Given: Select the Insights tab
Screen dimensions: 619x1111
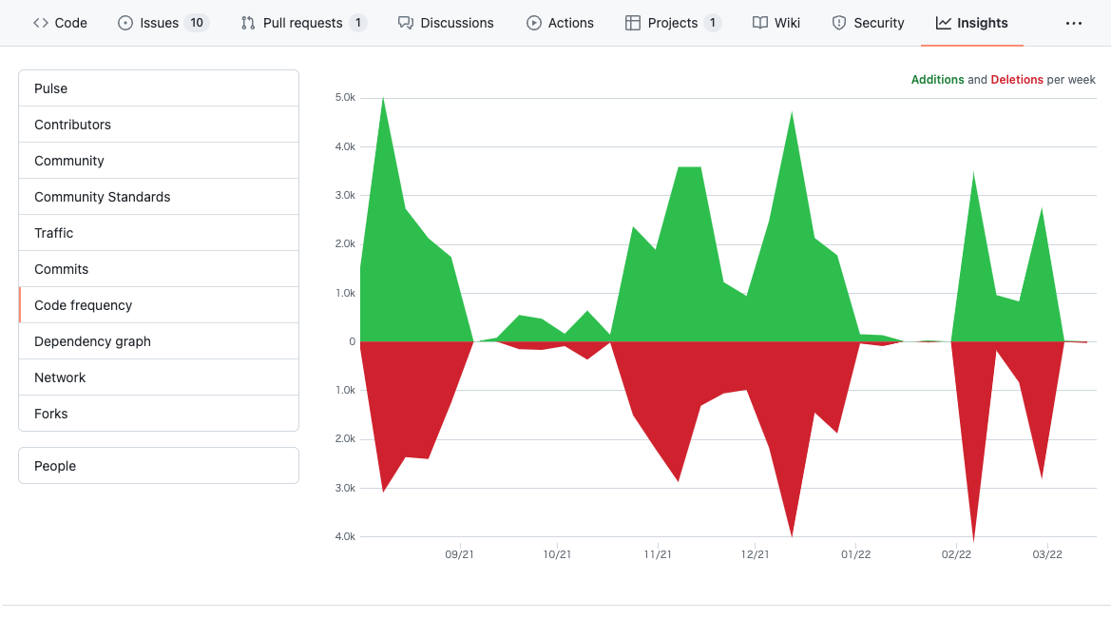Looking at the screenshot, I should pyautogui.click(x=971, y=23).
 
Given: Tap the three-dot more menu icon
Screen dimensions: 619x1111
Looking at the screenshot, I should pyautogui.click(x=1074, y=23).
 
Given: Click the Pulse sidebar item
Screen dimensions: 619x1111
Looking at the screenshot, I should pyautogui.click(x=51, y=88).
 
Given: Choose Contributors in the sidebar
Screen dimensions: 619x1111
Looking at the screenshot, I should pyautogui.click(x=72, y=125).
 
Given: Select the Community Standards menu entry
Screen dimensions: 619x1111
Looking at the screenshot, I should pyautogui.click(x=102, y=197).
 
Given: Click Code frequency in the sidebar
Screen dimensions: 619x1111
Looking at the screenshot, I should pyautogui.click(x=83, y=305).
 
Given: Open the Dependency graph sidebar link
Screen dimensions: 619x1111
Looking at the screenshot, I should pyautogui.click(x=92, y=341).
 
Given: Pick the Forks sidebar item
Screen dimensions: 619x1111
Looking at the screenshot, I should pyautogui.click(x=51, y=414).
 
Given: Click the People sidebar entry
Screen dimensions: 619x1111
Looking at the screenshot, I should pyautogui.click(x=55, y=466).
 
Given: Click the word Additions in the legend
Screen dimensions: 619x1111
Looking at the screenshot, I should pyautogui.click(x=937, y=80).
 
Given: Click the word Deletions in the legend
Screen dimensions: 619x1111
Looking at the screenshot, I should pyautogui.click(x=1017, y=80).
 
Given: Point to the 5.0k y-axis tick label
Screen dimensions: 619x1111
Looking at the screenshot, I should pyautogui.click(x=345, y=98).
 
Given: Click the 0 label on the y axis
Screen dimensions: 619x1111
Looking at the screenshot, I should pyautogui.click(x=352, y=341).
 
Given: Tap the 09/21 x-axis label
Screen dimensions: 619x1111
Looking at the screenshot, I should pyautogui.click(x=459, y=555).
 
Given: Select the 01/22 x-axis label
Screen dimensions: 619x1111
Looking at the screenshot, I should pyautogui.click(x=855, y=555).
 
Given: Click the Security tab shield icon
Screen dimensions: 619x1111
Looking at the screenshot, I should pyautogui.click(x=839, y=23).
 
